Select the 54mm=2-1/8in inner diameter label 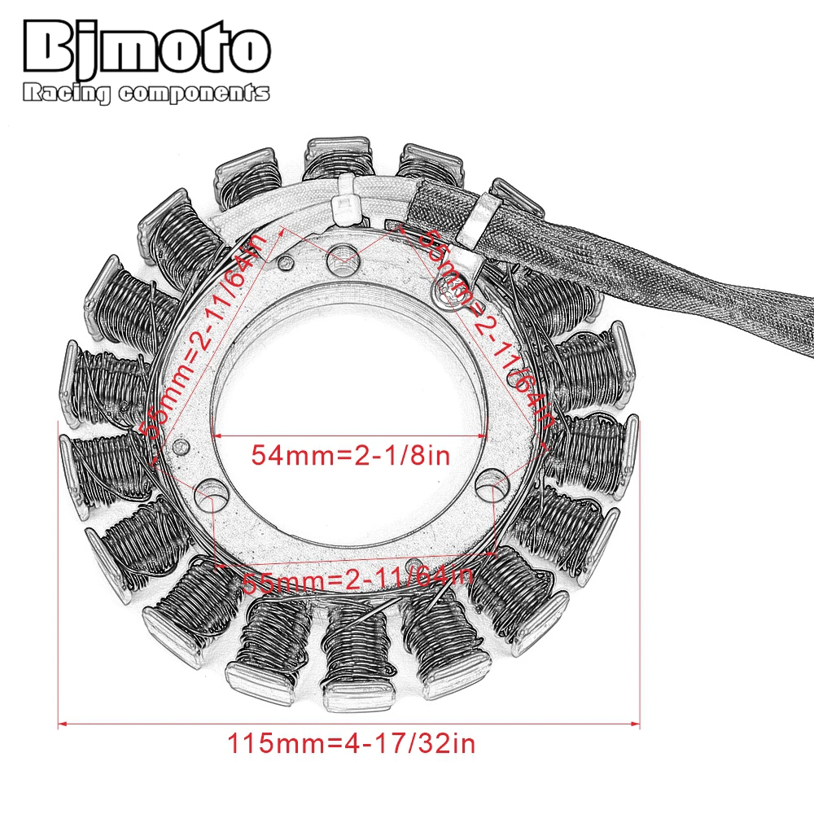pyautogui.click(x=350, y=454)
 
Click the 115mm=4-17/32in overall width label pyautogui.click(x=350, y=743)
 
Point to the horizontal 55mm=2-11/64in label pyautogui.click(x=358, y=580)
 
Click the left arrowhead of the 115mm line pyautogui.click(x=62, y=721)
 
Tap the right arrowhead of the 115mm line pyautogui.click(x=638, y=721)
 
